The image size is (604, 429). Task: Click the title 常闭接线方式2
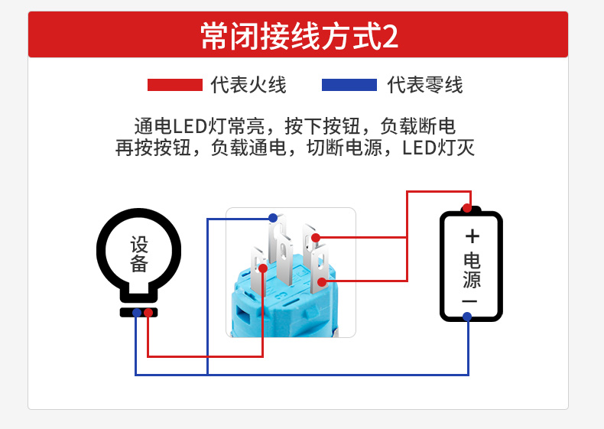point(299,36)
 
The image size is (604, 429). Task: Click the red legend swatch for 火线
point(175,85)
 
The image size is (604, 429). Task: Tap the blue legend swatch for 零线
point(349,85)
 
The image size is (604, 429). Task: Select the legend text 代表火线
point(248,85)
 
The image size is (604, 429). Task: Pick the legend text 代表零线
point(425,85)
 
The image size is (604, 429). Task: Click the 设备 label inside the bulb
point(139,254)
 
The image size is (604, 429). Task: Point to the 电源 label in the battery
point(472,271)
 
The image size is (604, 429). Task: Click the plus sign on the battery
point(472,236)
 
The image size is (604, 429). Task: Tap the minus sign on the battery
point(470,301)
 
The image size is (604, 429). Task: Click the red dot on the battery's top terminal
point(467,208)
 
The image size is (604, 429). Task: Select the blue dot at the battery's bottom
point(467,317)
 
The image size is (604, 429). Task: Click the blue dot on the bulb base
point(137,313)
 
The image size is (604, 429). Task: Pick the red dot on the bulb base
point(148,313)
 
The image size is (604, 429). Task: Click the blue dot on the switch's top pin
point(273,218)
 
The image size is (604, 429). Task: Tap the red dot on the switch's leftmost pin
point(263,268)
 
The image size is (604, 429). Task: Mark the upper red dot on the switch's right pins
point(316,238)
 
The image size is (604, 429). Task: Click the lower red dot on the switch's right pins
point(323,281)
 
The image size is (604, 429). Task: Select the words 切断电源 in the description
point(344,148)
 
